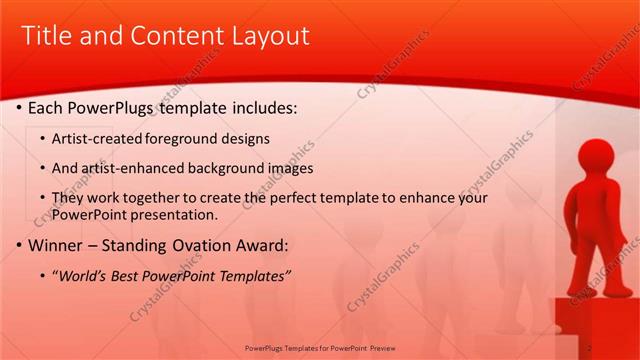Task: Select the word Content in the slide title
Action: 172,36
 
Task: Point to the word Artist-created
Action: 97,138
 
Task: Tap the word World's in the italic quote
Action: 85,276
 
